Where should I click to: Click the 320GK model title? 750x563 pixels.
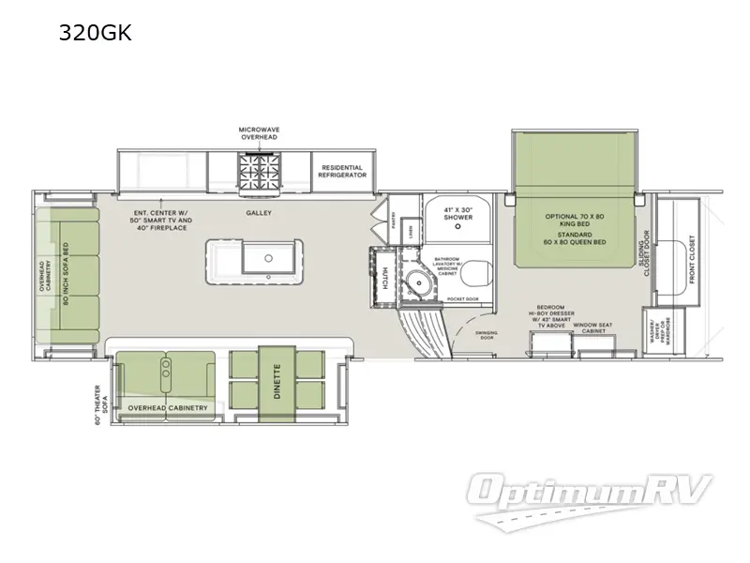coord(97,35)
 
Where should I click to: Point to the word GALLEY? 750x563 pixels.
coord(259,213)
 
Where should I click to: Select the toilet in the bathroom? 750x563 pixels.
coord(472,273)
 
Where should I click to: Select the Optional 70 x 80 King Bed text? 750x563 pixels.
coord(576,217)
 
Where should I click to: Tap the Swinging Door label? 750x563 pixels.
coord(485,335)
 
